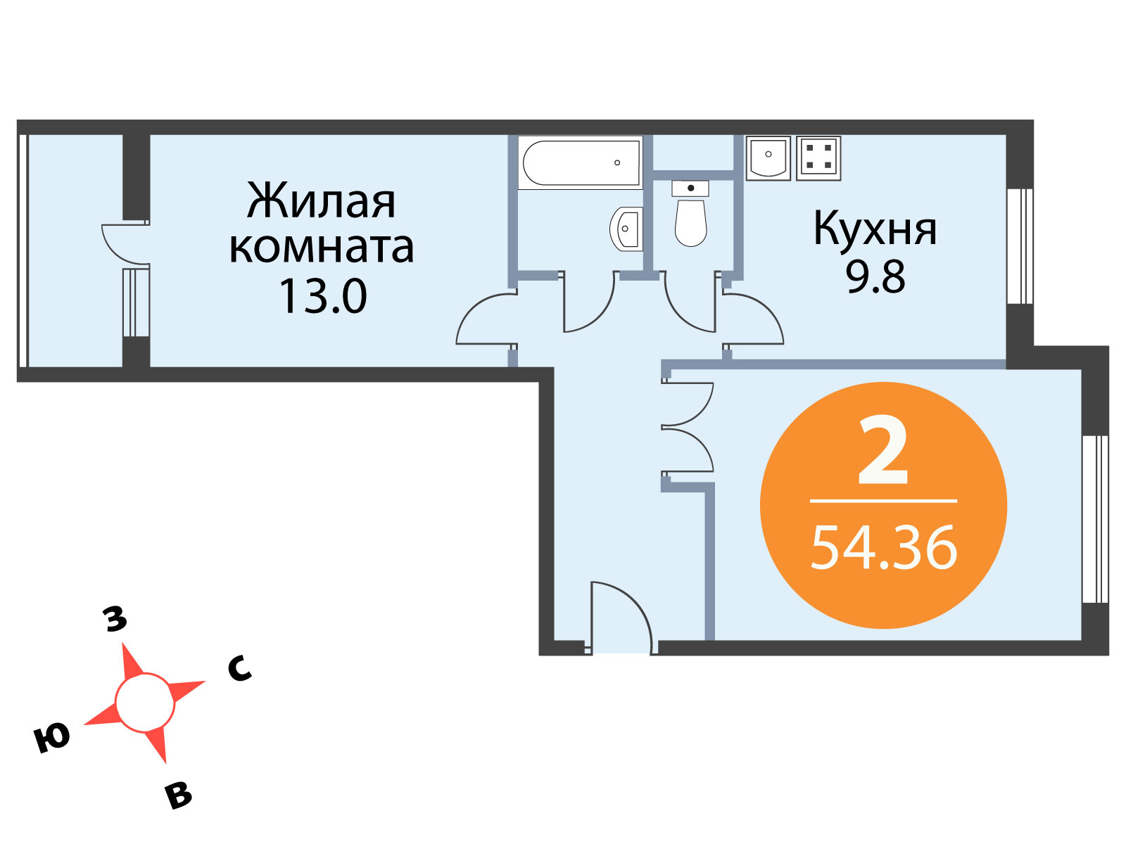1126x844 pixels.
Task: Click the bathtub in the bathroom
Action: tap(580, 162)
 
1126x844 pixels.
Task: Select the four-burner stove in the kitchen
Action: tap(818, 158)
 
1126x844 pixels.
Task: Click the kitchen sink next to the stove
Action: tap(768, 158)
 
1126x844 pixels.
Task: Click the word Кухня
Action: tap(875, 229)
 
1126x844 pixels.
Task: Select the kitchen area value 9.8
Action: tap(875, 276)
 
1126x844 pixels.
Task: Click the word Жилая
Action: tap(321, 200)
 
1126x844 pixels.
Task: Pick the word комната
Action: tap(321, 248)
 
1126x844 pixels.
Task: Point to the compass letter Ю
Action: tap(52, 737)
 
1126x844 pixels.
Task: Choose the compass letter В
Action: tap(179, 795)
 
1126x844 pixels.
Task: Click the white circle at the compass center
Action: tap(145, 703)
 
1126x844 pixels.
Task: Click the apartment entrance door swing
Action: tap(621, 618)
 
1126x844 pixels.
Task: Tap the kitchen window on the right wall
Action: tap(1020, 246)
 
